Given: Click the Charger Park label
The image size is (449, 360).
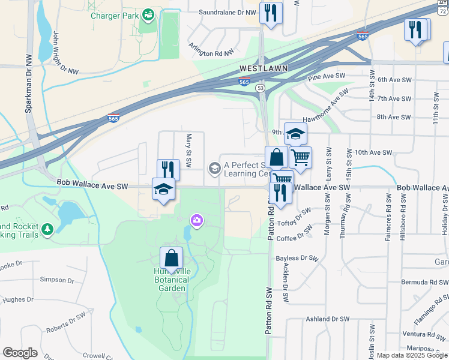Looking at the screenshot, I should (x=114, y=16).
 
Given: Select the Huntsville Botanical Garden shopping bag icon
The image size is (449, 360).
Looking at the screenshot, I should (x=172, y=259).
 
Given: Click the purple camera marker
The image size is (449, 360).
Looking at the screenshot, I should (x=196, y=221).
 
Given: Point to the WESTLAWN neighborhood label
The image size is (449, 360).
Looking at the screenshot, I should (x=263, y=68).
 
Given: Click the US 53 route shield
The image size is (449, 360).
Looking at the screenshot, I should (x=261, y=88).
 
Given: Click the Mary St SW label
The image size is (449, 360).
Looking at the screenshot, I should (x=188, y=151).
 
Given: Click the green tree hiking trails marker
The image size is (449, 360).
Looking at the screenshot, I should (x=47, y=229).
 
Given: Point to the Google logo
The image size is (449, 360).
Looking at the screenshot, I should (x=20, y=353).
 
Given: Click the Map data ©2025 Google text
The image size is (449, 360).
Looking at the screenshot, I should (x=412, y=355).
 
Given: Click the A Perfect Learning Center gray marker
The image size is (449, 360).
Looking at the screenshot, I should (x=214, y=169).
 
